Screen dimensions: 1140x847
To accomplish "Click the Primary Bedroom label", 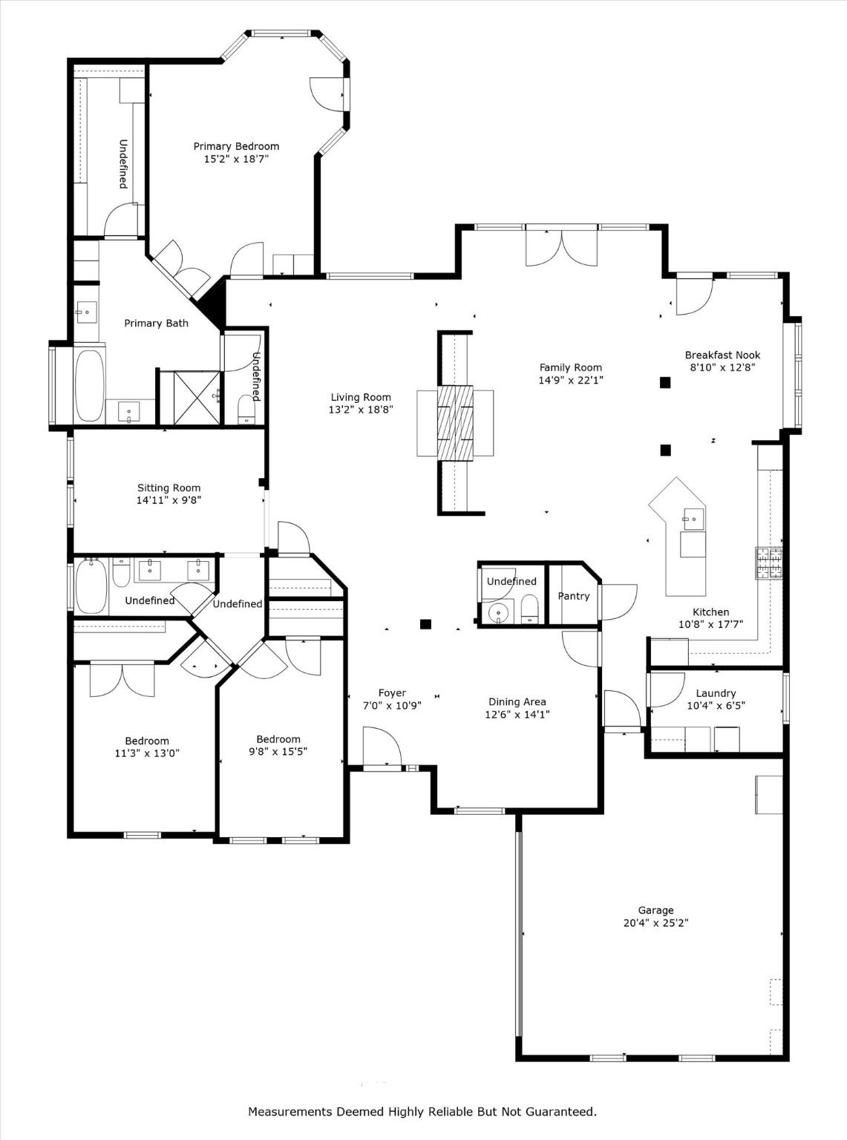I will point(236,146).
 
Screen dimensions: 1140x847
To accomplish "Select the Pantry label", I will point(573,596).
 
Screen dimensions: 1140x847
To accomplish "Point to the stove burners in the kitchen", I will point(769,563).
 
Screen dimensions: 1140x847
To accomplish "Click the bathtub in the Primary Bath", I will point(90,385).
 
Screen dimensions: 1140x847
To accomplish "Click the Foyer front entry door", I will point(381,746).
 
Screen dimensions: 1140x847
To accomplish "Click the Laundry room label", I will point(715,693).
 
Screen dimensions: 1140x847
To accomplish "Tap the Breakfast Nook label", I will point(722,355).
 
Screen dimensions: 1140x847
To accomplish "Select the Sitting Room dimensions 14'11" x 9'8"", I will point(169,500).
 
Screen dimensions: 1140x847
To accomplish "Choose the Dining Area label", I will point(517,701).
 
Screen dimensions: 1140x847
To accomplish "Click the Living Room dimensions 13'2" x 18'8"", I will point(361,410).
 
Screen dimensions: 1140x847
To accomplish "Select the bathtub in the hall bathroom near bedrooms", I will point(91,586).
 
